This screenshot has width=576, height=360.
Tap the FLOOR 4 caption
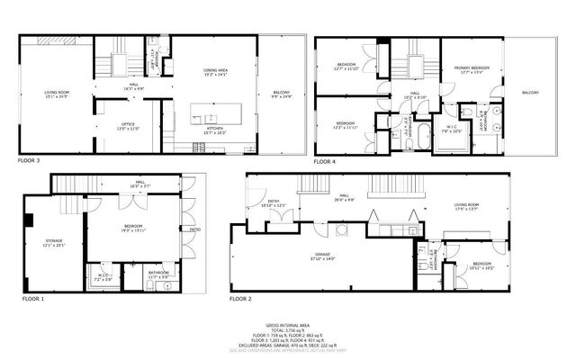tap(324, 161)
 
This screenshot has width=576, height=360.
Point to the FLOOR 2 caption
tap(241, 298)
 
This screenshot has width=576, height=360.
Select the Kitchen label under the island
tap(216, 129)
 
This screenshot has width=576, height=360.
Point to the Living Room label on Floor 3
tap(58, 92)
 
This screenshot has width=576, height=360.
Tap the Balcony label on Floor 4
tap(530, 93)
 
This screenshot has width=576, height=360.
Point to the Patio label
tap(194, 229)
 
